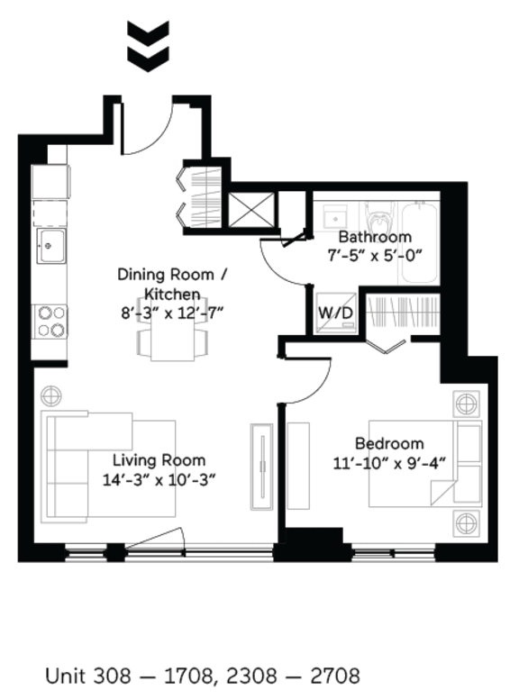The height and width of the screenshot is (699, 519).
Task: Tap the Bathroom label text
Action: click(x=375, y=237)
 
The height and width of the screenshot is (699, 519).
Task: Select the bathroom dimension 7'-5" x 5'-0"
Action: click(x=375, y=255)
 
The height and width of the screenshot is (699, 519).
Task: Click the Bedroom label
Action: click(x=389, y=444)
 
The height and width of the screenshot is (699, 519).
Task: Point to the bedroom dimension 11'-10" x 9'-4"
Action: click(x=389, y=462)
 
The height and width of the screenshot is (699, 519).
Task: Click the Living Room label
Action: click(x=158, y=460)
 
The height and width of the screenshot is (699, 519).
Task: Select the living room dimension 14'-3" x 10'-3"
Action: click(x=158, y=478)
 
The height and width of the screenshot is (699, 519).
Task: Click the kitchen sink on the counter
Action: click(x=50, y=244)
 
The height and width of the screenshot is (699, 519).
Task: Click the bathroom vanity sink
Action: click(x=334, y=217)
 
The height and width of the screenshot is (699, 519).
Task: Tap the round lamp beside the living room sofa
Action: click(x=51, y=395)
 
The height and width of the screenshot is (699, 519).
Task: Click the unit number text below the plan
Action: click(x=202, y=675)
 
